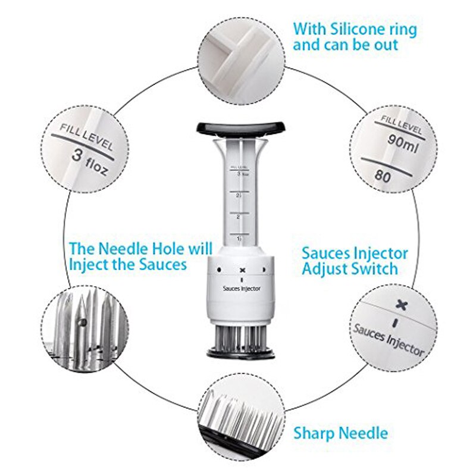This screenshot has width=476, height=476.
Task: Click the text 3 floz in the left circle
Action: (90, 161)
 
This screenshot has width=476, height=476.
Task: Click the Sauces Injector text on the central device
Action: (242, 288)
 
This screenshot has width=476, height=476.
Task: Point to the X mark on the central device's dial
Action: (242, 271)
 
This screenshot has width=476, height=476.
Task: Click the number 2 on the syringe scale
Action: (238, 217)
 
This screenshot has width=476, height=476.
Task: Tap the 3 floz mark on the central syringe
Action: (240, 174)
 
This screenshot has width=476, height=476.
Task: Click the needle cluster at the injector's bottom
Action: (241, 336)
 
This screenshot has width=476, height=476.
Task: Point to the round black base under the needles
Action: (241, 352)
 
